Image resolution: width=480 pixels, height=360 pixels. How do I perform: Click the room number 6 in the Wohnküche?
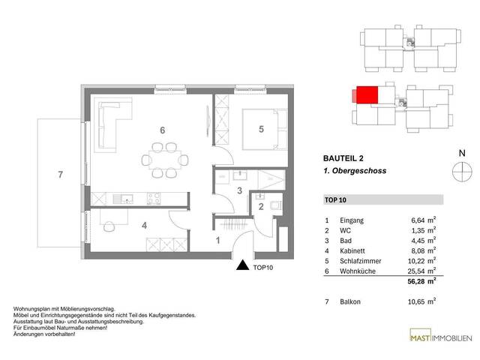click(x=163, y=130)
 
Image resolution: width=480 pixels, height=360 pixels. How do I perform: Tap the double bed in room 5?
click(x=265, y=129)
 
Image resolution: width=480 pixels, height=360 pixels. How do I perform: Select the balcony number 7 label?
click(x=61, y=175)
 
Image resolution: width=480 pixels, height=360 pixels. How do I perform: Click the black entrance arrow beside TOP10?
click(x=243, y=265)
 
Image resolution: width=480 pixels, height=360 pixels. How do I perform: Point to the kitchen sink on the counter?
click(x=123, y=199)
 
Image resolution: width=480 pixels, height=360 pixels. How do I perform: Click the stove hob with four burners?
click(x=154, y=198)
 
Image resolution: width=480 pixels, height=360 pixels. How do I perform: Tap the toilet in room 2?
click(x=276, y=205)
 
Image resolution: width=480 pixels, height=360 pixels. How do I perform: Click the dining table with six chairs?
click(x=165, y=160)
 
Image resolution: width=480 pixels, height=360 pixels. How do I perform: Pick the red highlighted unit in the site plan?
click(x=367, y=95)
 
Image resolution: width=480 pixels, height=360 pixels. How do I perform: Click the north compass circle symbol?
click(x=462, y=172)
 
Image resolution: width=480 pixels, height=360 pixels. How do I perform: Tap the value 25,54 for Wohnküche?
click(x=418, y=271)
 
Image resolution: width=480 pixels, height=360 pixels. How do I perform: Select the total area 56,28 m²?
click(x=421, y=281)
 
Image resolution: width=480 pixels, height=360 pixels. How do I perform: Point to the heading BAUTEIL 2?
click(x=343, y=158)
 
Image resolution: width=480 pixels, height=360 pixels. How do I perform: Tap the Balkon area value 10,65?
click(x=416, y=301)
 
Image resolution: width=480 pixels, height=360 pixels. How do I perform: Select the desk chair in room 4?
click(x=109, y=226)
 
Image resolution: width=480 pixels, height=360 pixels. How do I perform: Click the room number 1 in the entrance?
click(x=218, y=241)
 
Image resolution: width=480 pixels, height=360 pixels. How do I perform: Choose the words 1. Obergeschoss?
click(x=355, y=171)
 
